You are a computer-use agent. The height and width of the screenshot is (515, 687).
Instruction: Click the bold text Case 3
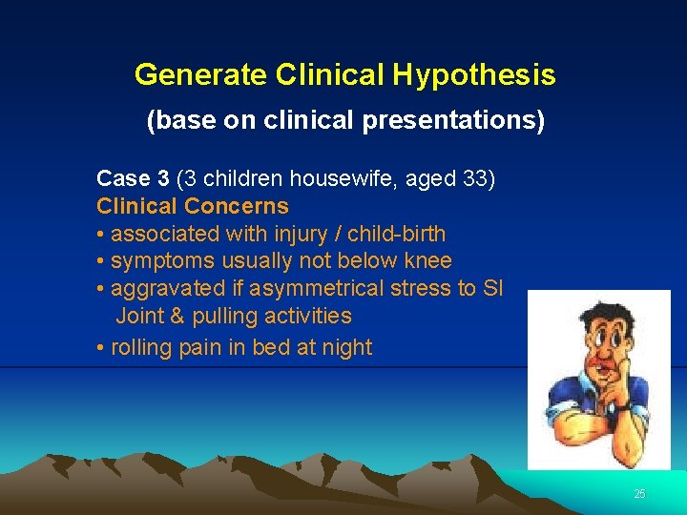[x=134, y=178]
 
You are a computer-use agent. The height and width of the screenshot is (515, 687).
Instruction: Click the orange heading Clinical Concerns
[x=192, y=206]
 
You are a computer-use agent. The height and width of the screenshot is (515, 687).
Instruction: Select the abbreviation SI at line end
[x=492, y=288]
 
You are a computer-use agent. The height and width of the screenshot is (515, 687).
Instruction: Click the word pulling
[x=224, y=316]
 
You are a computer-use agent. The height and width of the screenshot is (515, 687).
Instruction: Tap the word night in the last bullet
[x=346, y=347]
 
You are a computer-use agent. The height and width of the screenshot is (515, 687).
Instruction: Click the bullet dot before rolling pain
[x=101, y=348]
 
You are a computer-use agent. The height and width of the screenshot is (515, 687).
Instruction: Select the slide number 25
[x=639, y=493]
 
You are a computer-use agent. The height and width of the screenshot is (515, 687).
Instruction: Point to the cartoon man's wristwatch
[x=623, y=407]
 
